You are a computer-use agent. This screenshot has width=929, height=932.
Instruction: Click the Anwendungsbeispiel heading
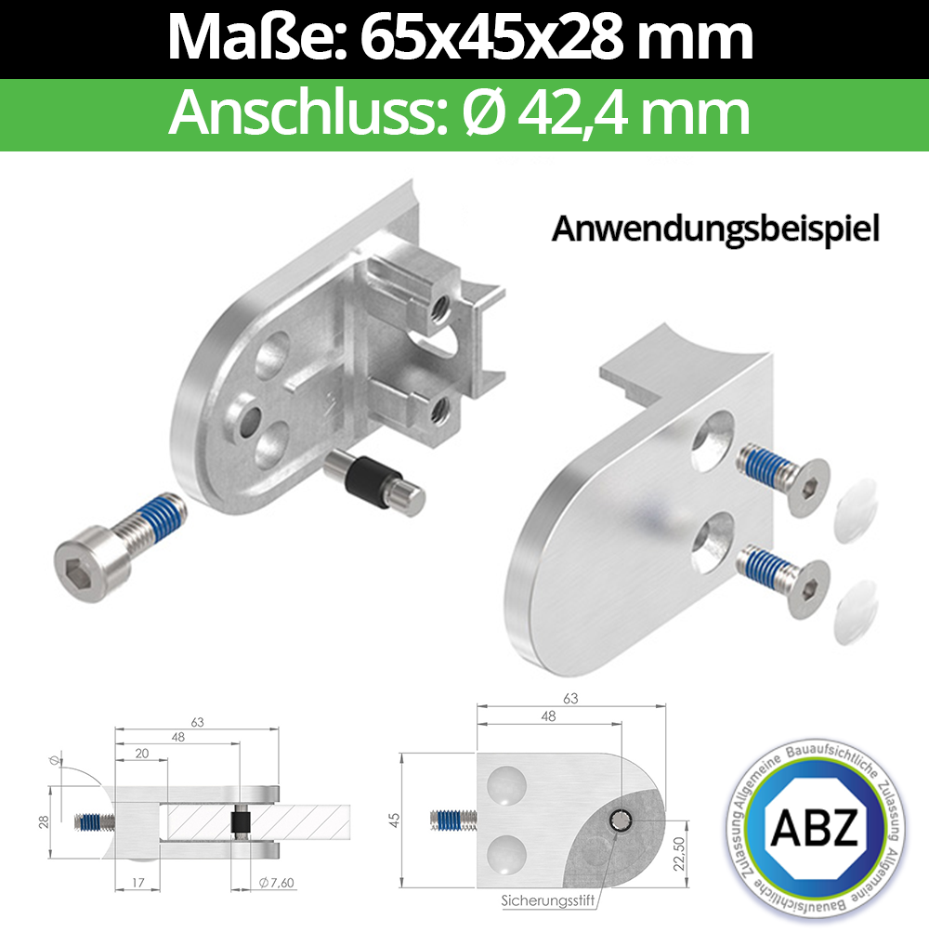715,229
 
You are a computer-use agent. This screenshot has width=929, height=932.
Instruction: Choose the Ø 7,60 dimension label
268,881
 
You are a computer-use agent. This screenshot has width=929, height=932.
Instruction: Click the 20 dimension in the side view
142,753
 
